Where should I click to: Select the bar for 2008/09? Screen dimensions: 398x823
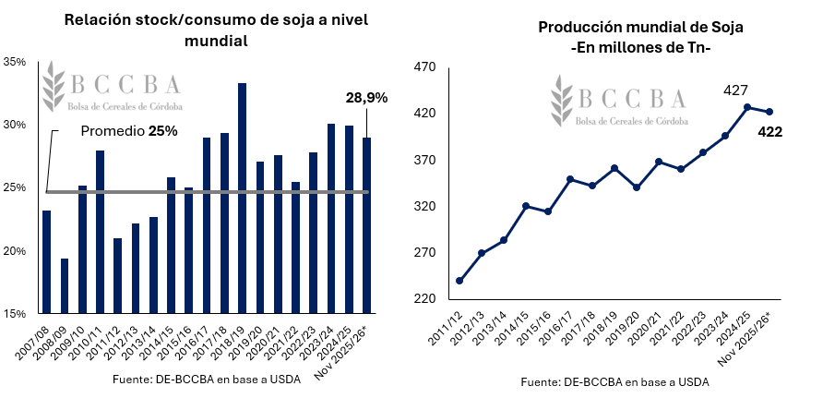point(65,285)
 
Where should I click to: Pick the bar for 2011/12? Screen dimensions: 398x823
point(118,275)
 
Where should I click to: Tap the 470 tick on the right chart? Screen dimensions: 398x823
point(424,67)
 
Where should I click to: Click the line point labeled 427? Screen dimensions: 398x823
point(747,107)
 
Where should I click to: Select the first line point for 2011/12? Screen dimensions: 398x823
point(459,281)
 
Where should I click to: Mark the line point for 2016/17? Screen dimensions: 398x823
point(570,179)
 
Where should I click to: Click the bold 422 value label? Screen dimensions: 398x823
point(769,132)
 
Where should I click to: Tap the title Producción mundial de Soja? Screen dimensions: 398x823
point(640,28)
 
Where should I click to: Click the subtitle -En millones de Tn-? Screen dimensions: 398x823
point(640,48)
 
